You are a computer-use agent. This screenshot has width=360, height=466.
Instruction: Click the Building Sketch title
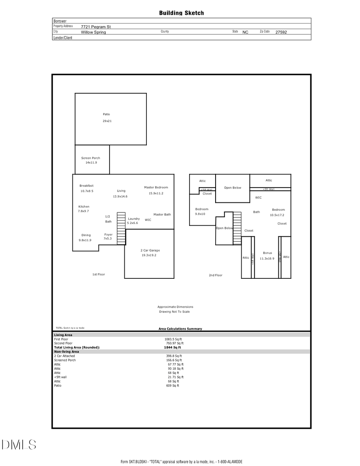pyautogui.click(x=181, y=13)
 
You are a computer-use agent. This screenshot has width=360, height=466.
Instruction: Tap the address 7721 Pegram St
pyautogui.click(x=96, y=27)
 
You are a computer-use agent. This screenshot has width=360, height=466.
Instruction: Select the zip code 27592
pyautogui.click(x=281, y=32)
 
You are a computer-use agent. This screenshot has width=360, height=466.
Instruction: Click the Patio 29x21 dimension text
pyautogui.click(x=107, y=121)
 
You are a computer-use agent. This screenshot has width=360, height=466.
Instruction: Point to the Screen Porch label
pyautogui.click(x=90, y=158)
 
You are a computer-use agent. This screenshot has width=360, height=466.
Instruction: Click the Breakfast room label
pyautogui.click(x=86, y=186)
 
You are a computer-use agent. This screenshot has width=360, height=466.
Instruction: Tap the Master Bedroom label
pyautogui.click(x=156, y=187)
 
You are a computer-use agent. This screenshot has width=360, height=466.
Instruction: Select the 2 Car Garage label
pyautogui.click(x=150, y=250)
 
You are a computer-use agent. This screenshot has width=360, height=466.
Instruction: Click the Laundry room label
pyautogui.click(x=134, y=219)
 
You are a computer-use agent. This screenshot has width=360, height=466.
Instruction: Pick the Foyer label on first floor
pyautogui.click(x=108, y=234)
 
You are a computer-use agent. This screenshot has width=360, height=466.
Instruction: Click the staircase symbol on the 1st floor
pyautogui.click(x=121, y=228)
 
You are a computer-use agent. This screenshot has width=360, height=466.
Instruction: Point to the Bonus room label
pyautogui.click(x=267, y=253)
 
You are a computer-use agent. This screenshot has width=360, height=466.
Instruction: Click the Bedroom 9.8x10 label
pyautogui.click(x=202, y=209)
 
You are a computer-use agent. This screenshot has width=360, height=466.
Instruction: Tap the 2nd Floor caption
pyautogui.click(x=215, y=275)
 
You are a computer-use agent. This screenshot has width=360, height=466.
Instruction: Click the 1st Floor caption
pyautogui.click(x=98, y=274)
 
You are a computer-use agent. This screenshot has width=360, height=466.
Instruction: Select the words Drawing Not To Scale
pyautogui.click(x=174, y=312)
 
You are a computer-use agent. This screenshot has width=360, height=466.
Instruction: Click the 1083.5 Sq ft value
pyautogui.click(x=173, y=339)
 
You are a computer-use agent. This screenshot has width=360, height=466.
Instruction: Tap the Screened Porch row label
pyautogui.click(x=65, y=360)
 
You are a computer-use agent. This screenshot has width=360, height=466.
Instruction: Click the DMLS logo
pyautogui.click(x=18, y=444)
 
